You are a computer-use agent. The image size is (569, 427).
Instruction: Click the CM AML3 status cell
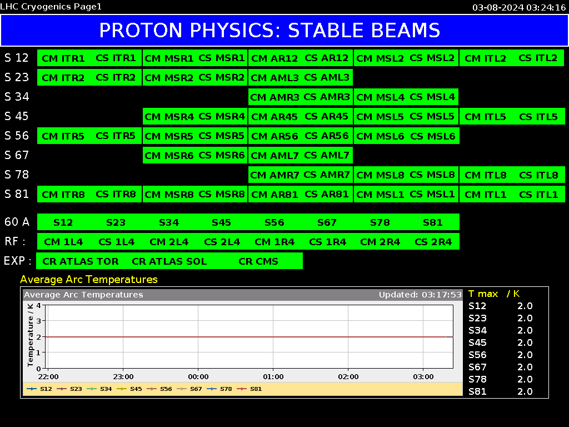point(274,77)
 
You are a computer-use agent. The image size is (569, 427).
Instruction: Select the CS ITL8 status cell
point(538,175)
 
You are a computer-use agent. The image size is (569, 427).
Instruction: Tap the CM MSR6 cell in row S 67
point(169,156)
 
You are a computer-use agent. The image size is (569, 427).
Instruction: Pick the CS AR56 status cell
point(327,136)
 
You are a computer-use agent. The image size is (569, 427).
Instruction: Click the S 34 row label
point(17,97)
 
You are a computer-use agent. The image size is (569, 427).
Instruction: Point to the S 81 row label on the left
point(17,194)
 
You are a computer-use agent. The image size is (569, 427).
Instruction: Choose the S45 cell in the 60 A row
point(221,222)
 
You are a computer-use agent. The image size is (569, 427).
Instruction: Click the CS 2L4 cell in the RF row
point(222,242)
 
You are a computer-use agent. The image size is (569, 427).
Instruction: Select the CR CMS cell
point(258,261)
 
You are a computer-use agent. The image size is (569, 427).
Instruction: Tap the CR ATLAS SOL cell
point(169,261)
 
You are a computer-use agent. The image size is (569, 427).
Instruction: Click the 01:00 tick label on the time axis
point(273,377)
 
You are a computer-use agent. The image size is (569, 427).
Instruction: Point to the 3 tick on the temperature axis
point(38,321)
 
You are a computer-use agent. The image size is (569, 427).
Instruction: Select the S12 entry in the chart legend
point(39,389)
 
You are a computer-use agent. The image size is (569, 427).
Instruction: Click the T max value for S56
point(525,355)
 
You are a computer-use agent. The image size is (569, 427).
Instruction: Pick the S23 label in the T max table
point(477,318)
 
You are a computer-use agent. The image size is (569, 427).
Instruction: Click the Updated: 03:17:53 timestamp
point(420,295)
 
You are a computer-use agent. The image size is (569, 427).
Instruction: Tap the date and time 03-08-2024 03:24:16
point(520,8)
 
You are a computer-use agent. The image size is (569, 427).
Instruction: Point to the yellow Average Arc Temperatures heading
point(89,280)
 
